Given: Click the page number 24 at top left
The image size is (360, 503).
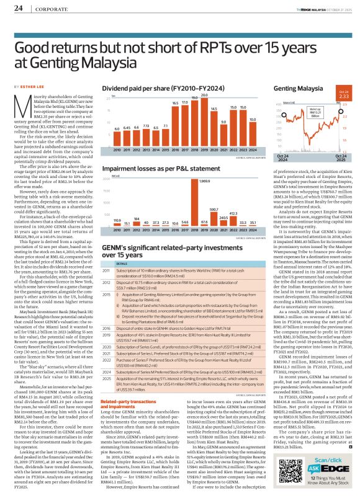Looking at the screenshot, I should click(18, 8).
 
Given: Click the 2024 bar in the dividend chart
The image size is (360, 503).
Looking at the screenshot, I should click(252, 134).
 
